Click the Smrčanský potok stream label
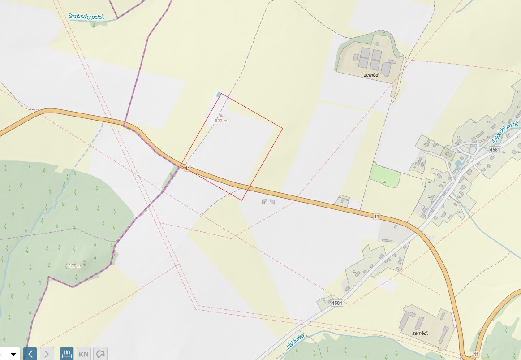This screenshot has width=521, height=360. point(86,17)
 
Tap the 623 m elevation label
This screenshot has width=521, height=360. point(221,121)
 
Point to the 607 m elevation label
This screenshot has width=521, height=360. point(74,266)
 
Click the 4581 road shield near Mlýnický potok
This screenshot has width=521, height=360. point(495,149)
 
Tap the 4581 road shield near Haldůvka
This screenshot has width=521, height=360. point(337,303)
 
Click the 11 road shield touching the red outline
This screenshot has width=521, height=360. point(187,168)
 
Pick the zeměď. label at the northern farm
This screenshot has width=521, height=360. point(372,75)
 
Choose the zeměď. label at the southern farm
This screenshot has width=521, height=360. point(420,333)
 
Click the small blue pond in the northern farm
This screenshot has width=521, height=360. point(377,44)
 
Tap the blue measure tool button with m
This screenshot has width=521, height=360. point(67,354)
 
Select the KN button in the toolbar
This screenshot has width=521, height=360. point(84,354)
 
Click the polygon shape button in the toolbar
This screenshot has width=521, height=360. point(101,354)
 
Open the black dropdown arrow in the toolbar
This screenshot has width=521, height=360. point(13,354)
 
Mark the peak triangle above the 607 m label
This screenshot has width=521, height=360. point(84,261)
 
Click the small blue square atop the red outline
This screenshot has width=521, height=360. point(219,94)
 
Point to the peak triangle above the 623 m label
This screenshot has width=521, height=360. point(220,115)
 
